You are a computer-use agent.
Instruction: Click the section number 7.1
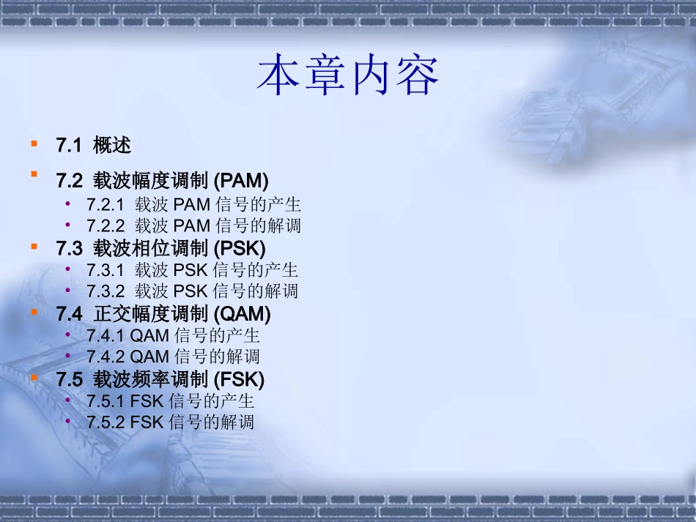(x=68, y=146)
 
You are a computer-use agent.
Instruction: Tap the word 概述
(x=112, y=146)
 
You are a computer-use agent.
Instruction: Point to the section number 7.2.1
(x=105, y=205)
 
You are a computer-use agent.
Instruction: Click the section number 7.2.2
(x=105, y=225)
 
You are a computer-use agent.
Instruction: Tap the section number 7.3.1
(x=105, y=271)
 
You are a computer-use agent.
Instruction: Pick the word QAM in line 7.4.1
(x=149, y=336)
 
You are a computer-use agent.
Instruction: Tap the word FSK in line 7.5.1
(x=147, y=402)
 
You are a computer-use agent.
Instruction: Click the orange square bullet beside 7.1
(x=34, y=143)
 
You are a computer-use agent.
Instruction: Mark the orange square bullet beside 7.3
(x=34, y=246)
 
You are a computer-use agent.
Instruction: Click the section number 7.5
(x=69, y=380)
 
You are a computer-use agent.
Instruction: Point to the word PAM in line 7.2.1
(x=191, y=205)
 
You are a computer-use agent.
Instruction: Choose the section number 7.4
(x=69, y=314)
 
